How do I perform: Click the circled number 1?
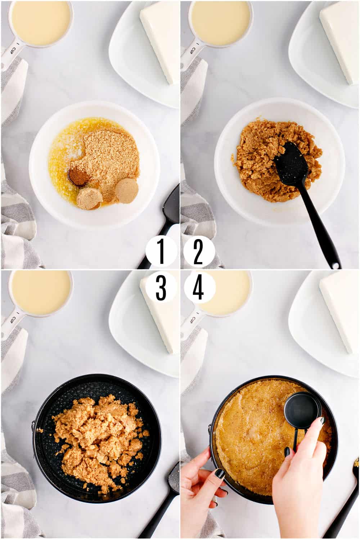(161, 252)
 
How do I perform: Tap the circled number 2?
(199, 252)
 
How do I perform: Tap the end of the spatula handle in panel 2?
(336, 266)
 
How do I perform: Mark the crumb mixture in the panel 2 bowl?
(277, 160)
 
